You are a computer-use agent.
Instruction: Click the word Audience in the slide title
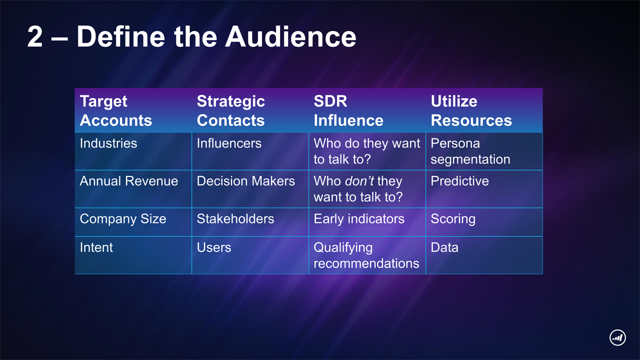[x=290, y=36]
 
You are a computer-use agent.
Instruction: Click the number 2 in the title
[x=35, y=36]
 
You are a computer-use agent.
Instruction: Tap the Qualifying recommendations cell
[x=366, y=255]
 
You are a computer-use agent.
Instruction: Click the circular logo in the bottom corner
[x=617, y=338]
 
